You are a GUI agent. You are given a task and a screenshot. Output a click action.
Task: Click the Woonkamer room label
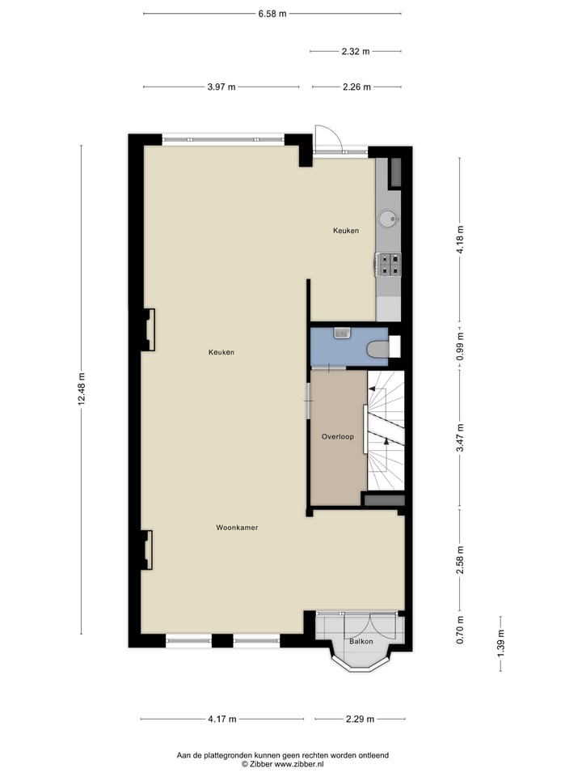click(237, 528)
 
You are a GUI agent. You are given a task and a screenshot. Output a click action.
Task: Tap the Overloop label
click(338, 437)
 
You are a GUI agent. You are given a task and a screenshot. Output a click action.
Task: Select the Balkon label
click(361, 642)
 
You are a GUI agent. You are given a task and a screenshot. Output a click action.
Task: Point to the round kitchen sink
click(389, 217)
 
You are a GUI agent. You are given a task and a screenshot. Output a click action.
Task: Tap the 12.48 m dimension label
click(82, 390)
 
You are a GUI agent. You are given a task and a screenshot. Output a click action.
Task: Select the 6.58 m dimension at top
click(272, 13)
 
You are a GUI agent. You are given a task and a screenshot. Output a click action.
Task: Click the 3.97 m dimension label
click(221, 87)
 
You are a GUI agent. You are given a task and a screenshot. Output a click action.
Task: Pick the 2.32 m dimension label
click(355, 52)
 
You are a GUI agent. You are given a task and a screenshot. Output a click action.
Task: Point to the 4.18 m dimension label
click(460, 240)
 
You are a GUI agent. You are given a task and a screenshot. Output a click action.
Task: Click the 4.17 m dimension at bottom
click(221, 719)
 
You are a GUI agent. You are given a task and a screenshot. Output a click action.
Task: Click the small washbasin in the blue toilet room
click(341, 333)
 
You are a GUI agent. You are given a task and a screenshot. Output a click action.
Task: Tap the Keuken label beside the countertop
click(346, 231)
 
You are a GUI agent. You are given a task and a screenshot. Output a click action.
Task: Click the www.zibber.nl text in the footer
click(299, 763)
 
